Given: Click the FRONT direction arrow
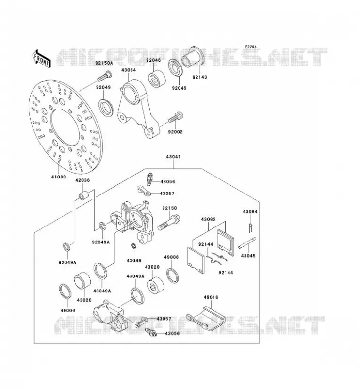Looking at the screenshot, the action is tap(41, 59).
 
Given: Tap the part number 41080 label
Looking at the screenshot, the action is tap(59, 177).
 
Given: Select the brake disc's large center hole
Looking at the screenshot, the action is tap(65, 127).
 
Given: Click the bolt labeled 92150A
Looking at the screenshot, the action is tap(104, 76).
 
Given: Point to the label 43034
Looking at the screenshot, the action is tap(129, 70).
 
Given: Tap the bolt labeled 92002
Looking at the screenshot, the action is tap(176, 117).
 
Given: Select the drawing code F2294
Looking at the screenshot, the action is tap(251, 47).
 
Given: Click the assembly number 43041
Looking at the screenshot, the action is tap(173, 157).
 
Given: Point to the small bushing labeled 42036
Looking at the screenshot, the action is tap(83, 195).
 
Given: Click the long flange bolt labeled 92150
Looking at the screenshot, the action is tap(169, 223).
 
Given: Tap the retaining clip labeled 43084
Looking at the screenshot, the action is tap(251, 227).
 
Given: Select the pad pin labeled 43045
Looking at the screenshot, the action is tap(247, 243).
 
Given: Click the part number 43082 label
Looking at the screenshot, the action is tap(208, 219).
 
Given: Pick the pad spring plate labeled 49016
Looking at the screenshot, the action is tap(205, 319).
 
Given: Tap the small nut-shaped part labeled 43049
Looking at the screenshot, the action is tap(134, 246).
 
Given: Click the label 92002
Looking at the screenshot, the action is tap(175, 132).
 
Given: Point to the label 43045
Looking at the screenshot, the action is tap(248, 256).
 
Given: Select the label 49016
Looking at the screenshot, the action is tap(211, 297).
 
